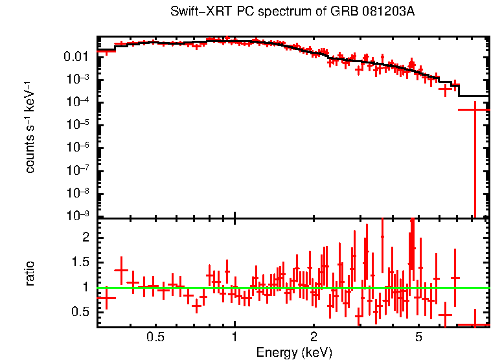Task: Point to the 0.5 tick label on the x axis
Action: click(155, 337)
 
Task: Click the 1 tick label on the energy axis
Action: click(234, 337)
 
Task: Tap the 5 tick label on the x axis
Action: click(418, 337)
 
